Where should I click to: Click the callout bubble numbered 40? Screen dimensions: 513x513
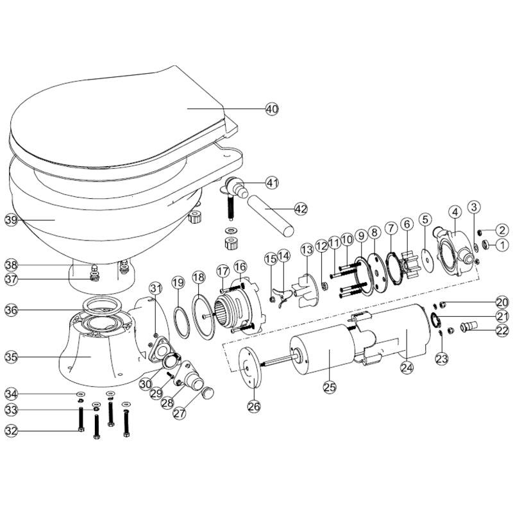click(272, 109)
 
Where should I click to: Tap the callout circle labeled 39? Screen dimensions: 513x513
click(11, 220)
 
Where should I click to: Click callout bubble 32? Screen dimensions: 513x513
click(11, 430)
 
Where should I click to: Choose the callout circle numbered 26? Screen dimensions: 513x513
click(255, 405)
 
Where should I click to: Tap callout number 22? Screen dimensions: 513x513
click(502, 331)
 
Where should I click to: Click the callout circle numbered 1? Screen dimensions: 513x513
click(502, 244)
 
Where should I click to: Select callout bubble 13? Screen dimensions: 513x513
click(306, 248)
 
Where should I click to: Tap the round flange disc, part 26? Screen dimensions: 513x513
click(248, 366)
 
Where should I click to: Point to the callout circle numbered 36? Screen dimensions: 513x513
click(11, 310)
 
